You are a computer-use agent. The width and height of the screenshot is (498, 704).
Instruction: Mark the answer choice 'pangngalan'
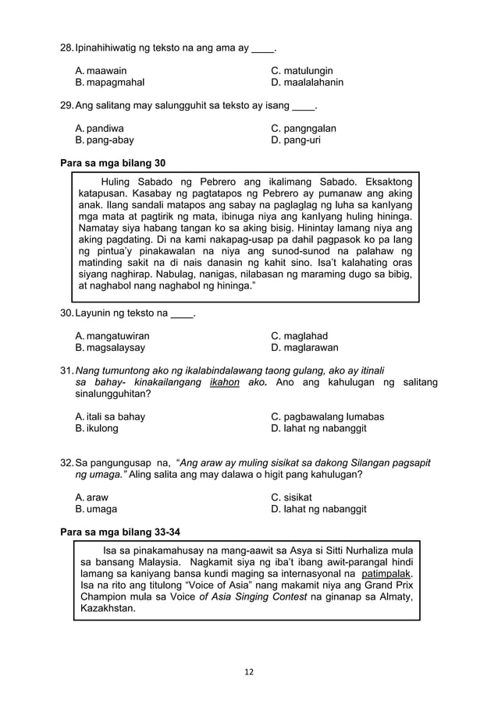coord(304,128)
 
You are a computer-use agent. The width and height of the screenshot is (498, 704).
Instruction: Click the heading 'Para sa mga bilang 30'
coord(112,163)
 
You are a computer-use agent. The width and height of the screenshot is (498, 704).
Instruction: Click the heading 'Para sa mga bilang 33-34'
coord(120,532)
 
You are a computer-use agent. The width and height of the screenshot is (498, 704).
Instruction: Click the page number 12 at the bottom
coord(249,672)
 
